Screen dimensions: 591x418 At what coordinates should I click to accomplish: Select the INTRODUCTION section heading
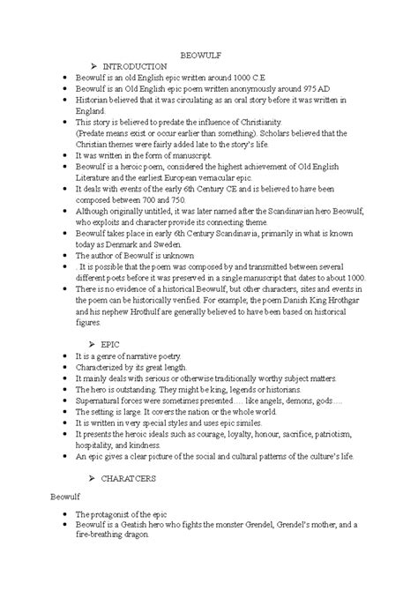135,66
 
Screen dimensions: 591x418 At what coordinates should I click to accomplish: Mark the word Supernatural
101,400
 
